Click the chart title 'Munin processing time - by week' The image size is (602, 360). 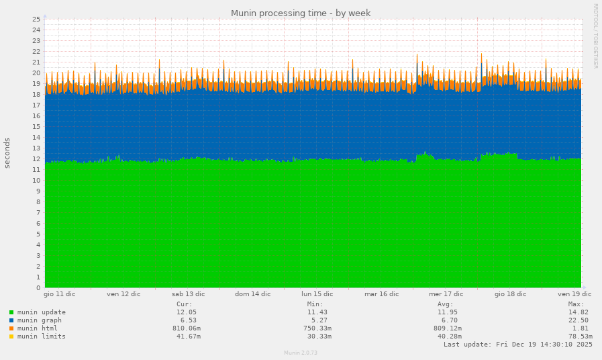click(x=301, y=13)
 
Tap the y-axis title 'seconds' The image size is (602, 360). click(x=7, y=153)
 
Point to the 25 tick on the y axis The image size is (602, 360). click(x=38, y=19)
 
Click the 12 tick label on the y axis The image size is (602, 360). click(x=38, y=159)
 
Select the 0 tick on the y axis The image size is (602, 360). click(x=40, y=288)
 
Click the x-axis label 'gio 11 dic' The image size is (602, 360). click(x=59, y=294)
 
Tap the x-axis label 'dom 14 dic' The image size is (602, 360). click(x=252, y=294)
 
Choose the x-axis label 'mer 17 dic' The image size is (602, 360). click(x=446, y=294)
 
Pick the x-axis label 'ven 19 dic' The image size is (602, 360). click(x=574, y=294)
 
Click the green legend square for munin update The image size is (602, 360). click(x=11, y=312)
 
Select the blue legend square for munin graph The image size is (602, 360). click(x=11, y=320)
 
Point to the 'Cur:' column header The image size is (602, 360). click(x=185, y=304)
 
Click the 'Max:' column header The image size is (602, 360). click(x=576, y=304)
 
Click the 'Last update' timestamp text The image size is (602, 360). click(x=518, y=345)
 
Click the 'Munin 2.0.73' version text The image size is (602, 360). click(x=301, y=353)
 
